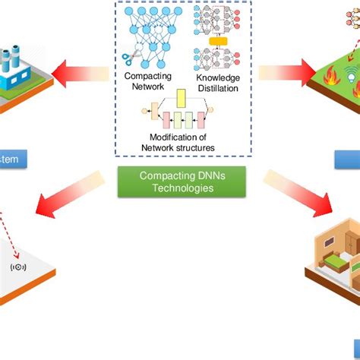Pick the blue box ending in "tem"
pos(14,159)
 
